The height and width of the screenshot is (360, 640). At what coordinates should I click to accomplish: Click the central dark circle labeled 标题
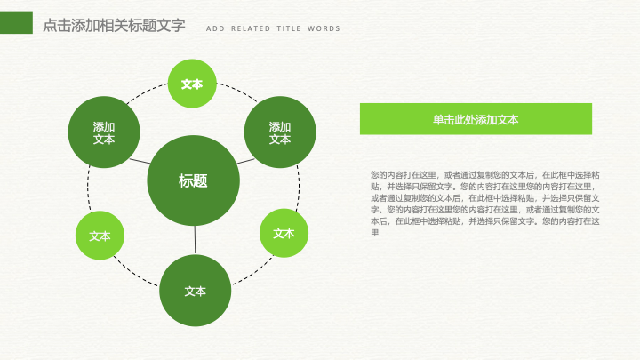pos(193,180)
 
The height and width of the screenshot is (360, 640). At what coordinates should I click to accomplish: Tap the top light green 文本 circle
pos(192,84)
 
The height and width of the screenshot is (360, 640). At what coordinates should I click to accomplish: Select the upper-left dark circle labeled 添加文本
pos(104,132)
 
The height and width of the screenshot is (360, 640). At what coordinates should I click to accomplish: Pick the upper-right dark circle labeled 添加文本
pos(280,132)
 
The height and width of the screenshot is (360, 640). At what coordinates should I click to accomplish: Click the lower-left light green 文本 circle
pos(100,236)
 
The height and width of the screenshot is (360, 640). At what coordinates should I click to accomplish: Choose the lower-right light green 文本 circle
pos(284,233)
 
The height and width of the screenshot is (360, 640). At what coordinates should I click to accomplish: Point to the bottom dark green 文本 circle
pos(195,291)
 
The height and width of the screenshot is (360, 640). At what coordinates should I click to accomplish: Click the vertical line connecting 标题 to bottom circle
pos(195,240)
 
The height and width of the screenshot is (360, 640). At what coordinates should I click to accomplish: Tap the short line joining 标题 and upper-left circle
pos(140,161)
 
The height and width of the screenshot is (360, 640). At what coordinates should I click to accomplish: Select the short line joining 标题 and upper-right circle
pos(245,161)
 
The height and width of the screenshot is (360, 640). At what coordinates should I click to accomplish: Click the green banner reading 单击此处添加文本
pos(476,119)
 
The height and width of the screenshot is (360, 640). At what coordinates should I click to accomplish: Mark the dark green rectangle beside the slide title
pos(16,22)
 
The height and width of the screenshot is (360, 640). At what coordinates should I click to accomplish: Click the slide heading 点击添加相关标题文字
pos(115,25)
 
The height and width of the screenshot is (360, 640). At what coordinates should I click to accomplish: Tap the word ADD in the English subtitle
pos(215,28)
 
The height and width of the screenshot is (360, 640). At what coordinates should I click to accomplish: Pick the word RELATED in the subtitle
pos(251,28)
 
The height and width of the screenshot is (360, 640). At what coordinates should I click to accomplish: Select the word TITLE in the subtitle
pos(289,28)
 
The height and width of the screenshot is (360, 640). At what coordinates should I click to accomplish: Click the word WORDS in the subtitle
pos(324,28)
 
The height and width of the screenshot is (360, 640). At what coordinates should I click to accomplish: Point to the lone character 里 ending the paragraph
pos(375,233)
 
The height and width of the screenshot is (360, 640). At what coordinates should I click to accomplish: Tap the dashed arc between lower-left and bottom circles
pos(135,273)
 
